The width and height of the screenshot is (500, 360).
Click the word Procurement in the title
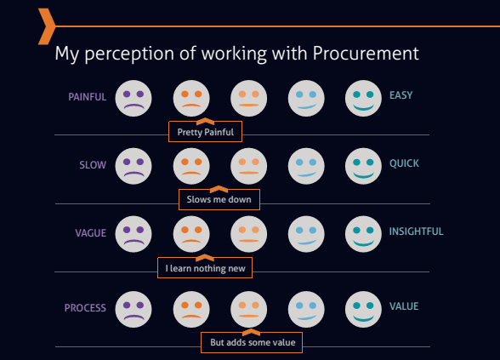point(366,53)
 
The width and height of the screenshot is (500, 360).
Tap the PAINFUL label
point(87,97)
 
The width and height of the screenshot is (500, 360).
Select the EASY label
point(401,95)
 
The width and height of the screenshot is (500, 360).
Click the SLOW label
point(93,165)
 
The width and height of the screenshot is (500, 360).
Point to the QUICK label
point(404,163)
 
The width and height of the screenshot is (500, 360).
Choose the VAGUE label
point(90,233)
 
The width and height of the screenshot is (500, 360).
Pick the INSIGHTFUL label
point(416,231)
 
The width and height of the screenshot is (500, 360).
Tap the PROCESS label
point(85,308)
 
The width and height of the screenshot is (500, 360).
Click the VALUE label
point(404,306)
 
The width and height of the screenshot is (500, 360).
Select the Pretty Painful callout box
point(206,131)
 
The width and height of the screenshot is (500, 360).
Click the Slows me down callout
point(219,199)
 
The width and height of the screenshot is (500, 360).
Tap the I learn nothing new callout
point(205,268)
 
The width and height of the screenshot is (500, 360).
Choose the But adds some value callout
point(252,342)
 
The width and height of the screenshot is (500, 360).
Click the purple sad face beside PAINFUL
point(134,99)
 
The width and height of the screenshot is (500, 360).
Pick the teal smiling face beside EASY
point(363,99)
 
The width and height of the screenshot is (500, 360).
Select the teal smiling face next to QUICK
point(363,166)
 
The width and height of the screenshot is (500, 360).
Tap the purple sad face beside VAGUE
point(134,234)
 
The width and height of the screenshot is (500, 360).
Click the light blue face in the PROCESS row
point(306,309)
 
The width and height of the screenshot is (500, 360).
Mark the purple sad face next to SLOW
point(134,166)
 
